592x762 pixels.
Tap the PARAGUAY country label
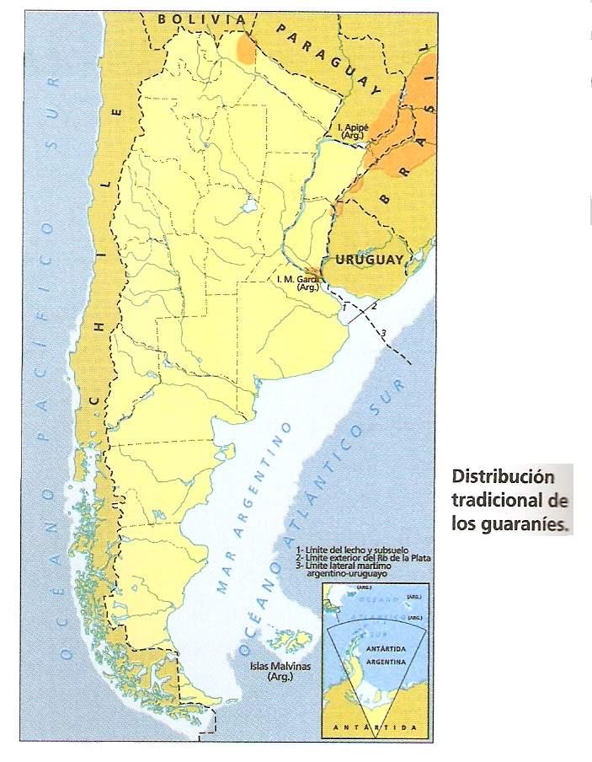[324, 56]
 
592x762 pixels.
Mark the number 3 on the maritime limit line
[383, 334]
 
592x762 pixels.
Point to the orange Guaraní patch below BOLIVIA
[246, 48]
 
